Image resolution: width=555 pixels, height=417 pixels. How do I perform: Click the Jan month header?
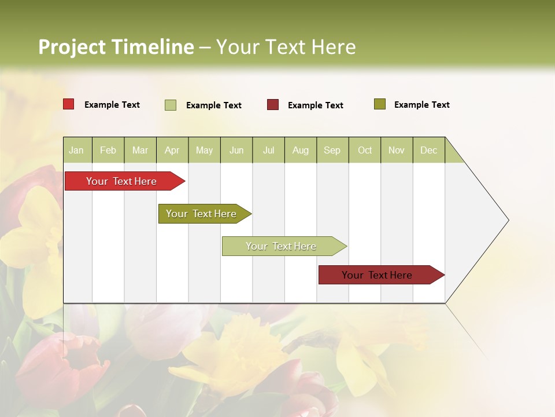click(x=77, y=150)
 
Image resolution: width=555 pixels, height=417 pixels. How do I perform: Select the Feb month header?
click(x=108, y=150)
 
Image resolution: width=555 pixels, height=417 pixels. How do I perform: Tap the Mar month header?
click(x=140, y=150)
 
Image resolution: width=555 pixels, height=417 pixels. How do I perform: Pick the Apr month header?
click(x=172, y=150)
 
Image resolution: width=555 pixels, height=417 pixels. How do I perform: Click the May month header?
click(x=204, y=150)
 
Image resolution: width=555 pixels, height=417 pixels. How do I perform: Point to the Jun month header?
click(x=236, y=150)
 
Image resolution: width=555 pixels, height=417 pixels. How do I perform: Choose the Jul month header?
click(x=268, y=150)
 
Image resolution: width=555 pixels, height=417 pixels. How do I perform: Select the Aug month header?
click(x=301, y=150)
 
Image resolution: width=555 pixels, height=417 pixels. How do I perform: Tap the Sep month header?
click(x=332, y=150)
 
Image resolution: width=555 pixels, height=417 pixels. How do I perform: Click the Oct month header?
click(x=365, y=150)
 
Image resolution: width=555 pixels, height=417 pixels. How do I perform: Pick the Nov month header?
click(x=397, y=150)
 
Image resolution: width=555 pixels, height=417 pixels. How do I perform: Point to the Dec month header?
click(x=429, y=150)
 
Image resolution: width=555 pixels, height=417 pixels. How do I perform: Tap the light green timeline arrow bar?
click(x=282, y=246)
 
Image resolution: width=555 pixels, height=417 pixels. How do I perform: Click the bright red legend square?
click(x=69, y=104)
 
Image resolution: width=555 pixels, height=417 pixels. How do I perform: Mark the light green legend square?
click(x=171, y=105)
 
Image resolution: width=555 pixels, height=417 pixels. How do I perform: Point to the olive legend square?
click(x=380, y=104)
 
